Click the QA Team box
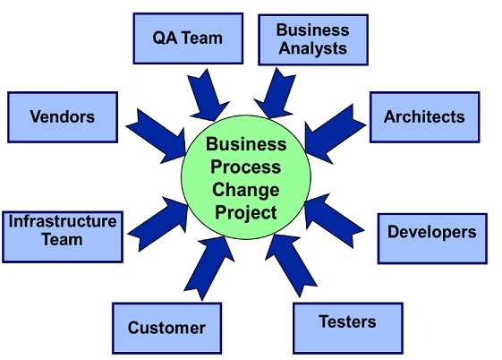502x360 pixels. (x=188, y=39)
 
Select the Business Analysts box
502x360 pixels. (x=313, y=39)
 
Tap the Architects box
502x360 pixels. (x=424, y=117)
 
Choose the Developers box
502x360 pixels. (x=432, y=238)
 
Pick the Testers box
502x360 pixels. (x=348, y=329)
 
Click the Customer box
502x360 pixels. (x=166, y=329)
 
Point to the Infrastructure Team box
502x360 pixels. (x=63, y=237)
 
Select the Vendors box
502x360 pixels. (x=63, y=117)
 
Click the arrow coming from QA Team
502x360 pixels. (x=208, y=95)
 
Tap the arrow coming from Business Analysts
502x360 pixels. (x=275, y=93)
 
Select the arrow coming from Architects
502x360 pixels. (x=335, y=133)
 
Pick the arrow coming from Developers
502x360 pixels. (x=334, y=220)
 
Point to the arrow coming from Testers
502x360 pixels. (x=291, y=265)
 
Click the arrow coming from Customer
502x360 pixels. (x=209, y=269)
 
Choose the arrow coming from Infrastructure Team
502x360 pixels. (x=158, y=224)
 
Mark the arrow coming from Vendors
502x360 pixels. (x=157, y=136)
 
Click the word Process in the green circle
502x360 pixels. (x=246, y=167)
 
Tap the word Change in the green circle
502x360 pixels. (x=246, y=190)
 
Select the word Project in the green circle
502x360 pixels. (x=246, y=213)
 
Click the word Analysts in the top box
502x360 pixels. (x=313, y=48)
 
